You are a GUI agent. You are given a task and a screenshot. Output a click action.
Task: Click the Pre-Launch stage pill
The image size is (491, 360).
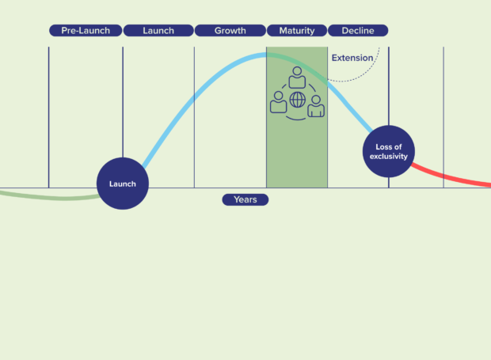[x=86, y=31]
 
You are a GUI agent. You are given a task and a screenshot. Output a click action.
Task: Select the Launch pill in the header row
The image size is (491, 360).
[x=158, y=31]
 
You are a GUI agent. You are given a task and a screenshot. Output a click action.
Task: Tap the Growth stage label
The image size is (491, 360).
[x=230, y=31]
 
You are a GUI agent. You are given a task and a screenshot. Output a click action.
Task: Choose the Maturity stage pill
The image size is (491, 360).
[x=297, y=31]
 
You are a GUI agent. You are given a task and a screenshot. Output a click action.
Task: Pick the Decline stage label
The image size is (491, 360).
[x=358, y=31]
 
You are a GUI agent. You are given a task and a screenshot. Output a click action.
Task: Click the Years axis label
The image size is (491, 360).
[x=246, y=199]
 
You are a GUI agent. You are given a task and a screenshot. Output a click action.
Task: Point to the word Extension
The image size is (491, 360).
[x=352, y=58]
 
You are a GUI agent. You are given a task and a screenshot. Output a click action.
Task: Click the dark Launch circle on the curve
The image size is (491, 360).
[x=123, y=184]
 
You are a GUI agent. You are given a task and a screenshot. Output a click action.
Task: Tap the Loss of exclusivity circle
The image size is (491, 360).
[x=389, y=151]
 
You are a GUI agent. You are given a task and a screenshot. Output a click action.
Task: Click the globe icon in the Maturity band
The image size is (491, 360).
[x=298, y=100]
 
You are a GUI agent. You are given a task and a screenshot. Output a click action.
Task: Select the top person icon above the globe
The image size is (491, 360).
[x=297, y=78]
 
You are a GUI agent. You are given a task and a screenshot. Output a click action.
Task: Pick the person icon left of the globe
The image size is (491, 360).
[x=279, y=102]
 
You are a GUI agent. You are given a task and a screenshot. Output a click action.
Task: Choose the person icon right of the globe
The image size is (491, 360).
[x=316, y=106]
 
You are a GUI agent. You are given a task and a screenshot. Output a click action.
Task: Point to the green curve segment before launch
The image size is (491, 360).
[x=50, y=197]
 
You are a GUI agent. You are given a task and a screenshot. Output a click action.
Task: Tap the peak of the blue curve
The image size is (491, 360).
[x=266, y=55]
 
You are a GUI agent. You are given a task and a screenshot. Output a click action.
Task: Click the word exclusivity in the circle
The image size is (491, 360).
[x=389, y=157]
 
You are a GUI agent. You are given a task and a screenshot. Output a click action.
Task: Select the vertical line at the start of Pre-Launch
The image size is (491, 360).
[x=49, y=117]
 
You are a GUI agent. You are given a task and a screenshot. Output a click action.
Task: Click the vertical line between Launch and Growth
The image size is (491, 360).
[x=194, y=117]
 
